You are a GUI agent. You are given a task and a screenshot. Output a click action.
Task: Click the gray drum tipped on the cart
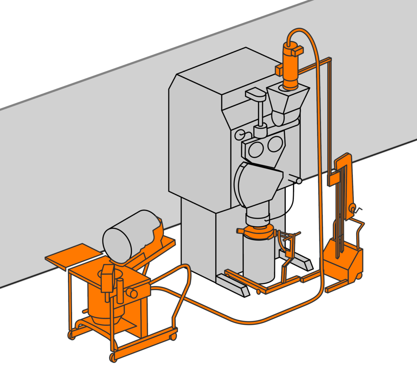click(127, 237)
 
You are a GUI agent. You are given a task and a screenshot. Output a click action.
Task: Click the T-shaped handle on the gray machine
click(256, 95)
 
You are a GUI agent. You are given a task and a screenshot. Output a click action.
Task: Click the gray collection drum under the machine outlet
click(259, 259)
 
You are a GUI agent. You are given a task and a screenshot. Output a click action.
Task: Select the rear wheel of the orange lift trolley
click(358, 276)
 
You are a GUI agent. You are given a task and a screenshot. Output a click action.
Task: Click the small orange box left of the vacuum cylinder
click(279, 70)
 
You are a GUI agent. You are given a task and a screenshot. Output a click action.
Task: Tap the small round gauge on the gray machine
click(240, 134)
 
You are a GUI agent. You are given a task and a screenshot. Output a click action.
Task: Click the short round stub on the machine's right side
click(298, 181)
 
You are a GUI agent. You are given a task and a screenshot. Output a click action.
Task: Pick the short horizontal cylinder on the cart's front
click(132, 293)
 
